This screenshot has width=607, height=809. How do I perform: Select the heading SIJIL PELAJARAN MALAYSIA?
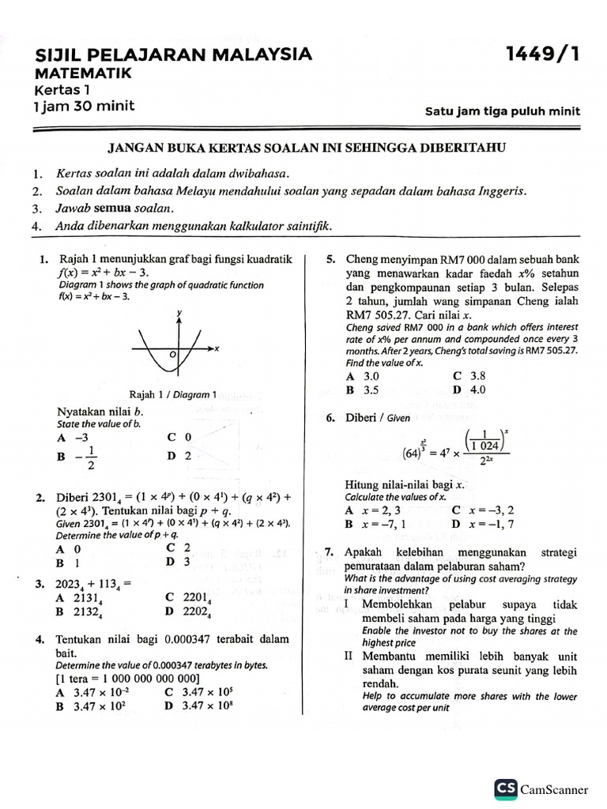(173, 55)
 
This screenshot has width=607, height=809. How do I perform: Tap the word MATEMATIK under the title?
(88, 73)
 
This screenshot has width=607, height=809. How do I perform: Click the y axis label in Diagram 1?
(179, 313)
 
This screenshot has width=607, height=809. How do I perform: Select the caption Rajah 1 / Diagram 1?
(172, 394)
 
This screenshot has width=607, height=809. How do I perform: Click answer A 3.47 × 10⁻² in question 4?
(86, 692)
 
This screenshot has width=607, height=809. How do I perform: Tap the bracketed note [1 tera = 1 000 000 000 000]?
(127, 678)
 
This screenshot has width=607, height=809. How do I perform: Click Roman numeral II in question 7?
(349, 657)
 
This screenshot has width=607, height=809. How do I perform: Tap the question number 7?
(330, 553)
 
